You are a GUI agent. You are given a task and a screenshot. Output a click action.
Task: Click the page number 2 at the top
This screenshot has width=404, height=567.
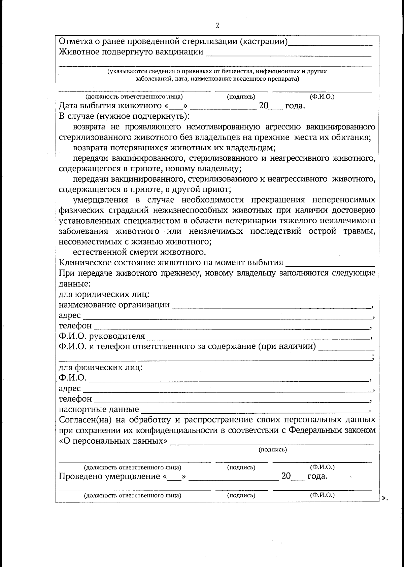pyautogui.click(x=217, y=26)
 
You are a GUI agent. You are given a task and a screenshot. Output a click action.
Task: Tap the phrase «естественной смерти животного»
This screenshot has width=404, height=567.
pyautogui.click(x=139, y=252)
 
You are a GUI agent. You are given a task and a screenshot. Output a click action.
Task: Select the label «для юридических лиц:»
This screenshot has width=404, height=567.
pyautogui.click(x=104, y=294)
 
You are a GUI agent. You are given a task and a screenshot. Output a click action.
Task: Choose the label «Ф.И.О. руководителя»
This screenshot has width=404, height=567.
pyautogui.click(x=102, y=336)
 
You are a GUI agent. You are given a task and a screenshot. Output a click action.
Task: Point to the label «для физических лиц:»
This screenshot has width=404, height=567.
pyautogui.click(x=101, y=367)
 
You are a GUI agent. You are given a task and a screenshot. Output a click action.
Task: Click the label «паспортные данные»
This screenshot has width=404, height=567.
pyautogui.click(x=99, y=409)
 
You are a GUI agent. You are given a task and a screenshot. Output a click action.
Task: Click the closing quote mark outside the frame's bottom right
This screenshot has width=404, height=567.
pyautogui.click(x=385, y=498)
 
